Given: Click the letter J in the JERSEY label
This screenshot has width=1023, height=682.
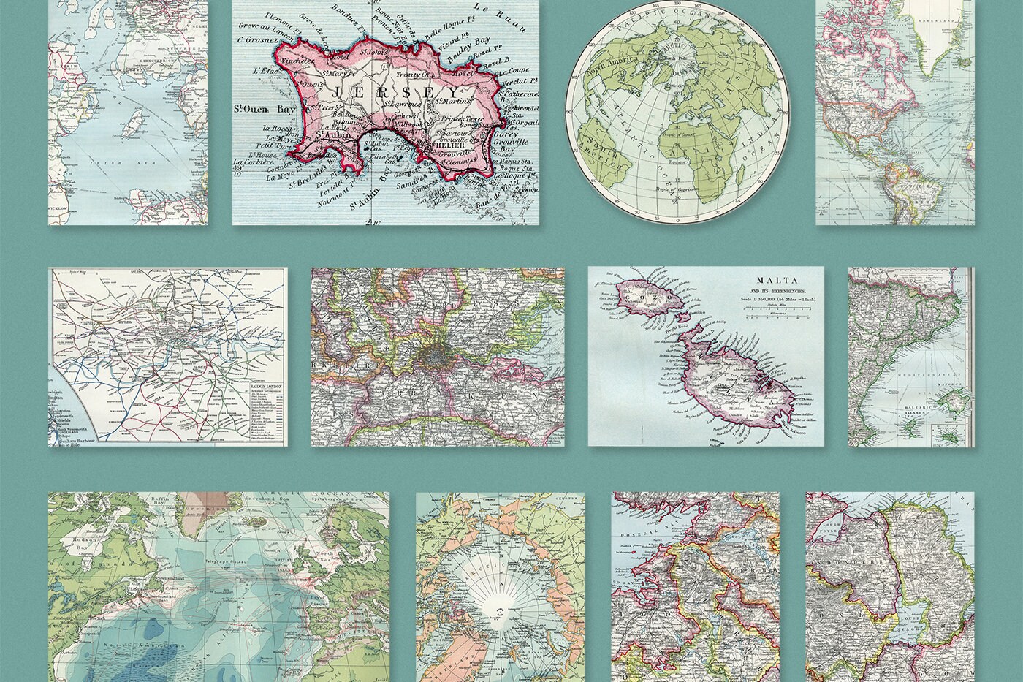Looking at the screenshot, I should point(338,93).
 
